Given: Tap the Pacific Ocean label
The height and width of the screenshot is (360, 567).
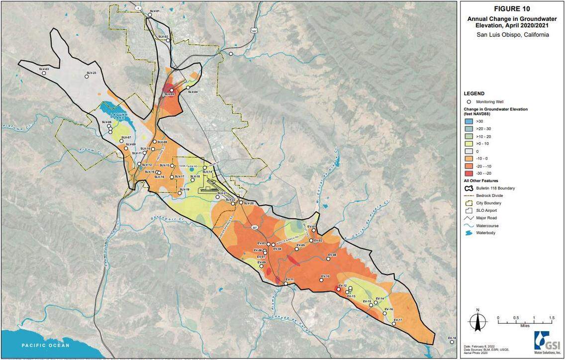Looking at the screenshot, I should [45, 345].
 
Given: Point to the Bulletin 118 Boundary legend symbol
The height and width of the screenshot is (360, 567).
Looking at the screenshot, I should [469, 188].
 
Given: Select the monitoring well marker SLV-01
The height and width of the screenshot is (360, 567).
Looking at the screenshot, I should [149, 15].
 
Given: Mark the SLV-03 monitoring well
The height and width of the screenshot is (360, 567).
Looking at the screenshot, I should [44, 73].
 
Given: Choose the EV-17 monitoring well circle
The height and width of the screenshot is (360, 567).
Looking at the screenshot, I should [393, 324].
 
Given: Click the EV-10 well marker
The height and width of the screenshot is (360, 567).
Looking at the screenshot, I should [321, 280].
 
